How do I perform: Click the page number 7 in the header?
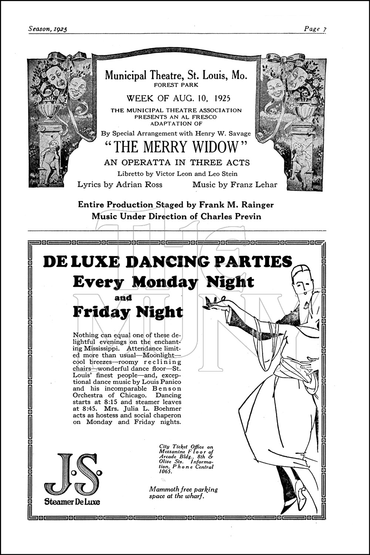[x=324, y=29]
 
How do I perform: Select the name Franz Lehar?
[x=253, y=185]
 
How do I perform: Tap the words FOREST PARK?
[x=176, y=85]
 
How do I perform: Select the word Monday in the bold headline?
[x=165, y=282]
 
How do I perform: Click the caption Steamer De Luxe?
[x=72, y=502]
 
